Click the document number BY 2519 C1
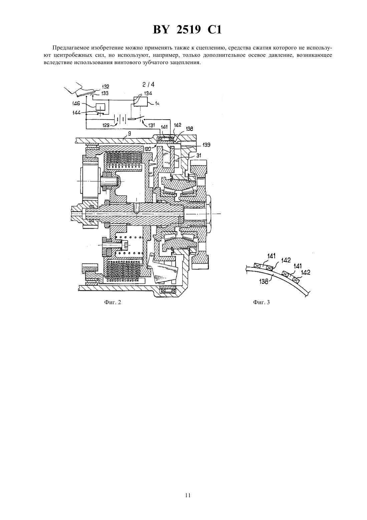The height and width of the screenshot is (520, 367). (x=187, y=30)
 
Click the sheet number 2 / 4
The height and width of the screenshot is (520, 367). (x=148, y=85)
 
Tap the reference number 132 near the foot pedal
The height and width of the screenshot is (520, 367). (x=106, y=87)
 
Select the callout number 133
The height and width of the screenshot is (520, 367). (x=105, y=93)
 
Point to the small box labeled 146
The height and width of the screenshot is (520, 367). (x=100, y=107)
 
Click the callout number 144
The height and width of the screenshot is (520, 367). (x=76, y=113)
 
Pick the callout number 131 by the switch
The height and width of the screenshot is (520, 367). (x=151, y=125)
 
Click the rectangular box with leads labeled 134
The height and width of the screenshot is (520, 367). (x=141, y=102)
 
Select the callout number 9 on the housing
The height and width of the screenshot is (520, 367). (x=129, y=133)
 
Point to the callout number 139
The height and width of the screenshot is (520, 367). (x=206, y=145)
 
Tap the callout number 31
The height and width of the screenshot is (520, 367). (x=199, y=155)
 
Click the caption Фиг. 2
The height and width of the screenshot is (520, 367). (x=113, y=302)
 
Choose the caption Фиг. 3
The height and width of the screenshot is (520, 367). (x=261, y=302)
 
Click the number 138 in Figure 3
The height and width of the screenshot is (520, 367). (x=264, y=282)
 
